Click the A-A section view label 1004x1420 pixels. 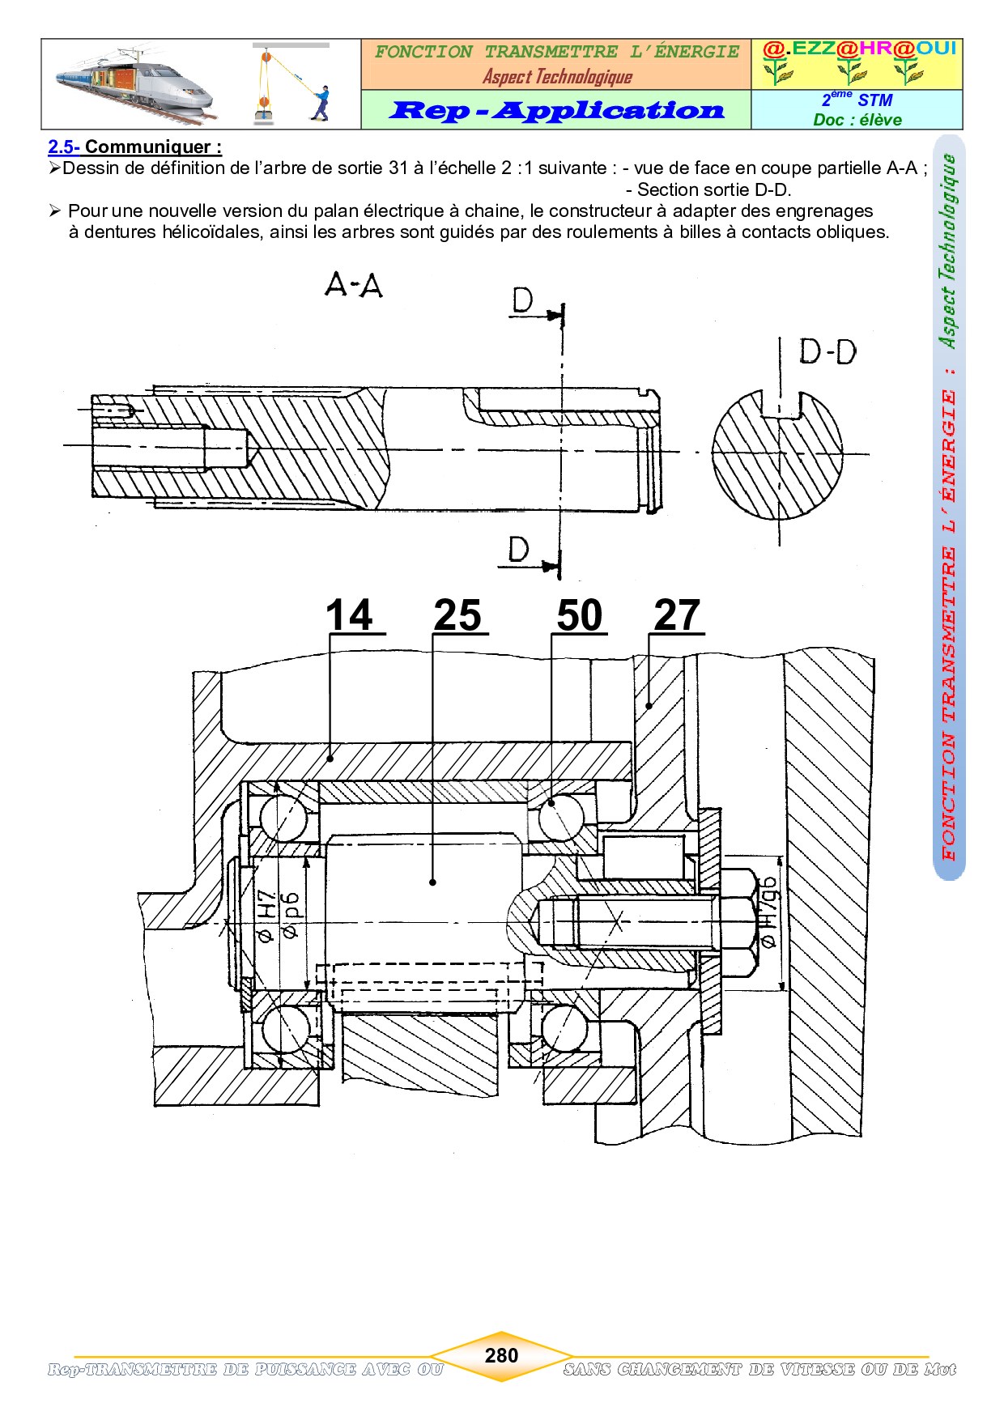tap(354, 285)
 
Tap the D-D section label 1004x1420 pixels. tap(827, 352)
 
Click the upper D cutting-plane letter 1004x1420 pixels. tap(523, 301)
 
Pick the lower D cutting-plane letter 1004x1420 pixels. tap(519, 550)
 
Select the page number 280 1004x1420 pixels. tap(501, 1355)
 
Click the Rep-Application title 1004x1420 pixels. tap(557, 110)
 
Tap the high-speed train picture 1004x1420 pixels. tap(134, 83)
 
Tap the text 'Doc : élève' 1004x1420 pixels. tap(857, 120)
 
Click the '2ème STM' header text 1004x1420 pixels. tap(857, 99)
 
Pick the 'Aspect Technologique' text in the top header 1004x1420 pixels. tap(557, 77)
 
